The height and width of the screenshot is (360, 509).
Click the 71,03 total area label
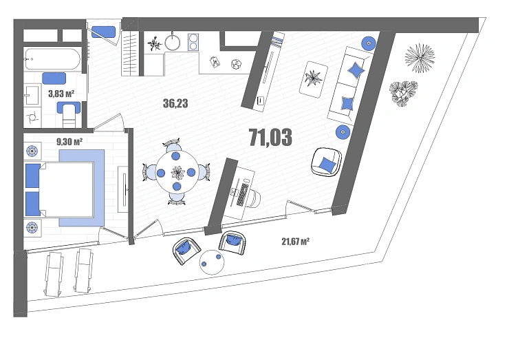click(270, 138)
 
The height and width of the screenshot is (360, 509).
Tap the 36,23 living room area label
click(175, 103)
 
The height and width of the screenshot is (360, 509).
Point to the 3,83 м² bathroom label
click(61, 94)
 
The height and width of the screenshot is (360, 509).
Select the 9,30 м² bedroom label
click(69, 142)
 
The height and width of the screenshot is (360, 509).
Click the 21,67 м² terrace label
click(295, 242)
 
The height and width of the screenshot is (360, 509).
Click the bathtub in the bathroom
click(52, 59)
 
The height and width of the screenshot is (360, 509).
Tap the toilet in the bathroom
click(69, 114)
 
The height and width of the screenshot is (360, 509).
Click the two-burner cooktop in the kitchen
click(193, 42)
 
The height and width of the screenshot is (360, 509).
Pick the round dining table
click(176, 172)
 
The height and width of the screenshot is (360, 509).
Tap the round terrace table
click(212, 262)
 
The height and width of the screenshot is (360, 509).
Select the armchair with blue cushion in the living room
click(326, 162)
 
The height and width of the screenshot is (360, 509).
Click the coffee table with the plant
click(314, 79)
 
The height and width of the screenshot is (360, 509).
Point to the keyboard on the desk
click(242, 194)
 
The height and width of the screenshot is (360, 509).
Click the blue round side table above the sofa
click(369, 43)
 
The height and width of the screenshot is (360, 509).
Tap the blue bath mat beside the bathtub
click(54, 78)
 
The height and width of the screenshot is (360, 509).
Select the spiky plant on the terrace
click(420, 58)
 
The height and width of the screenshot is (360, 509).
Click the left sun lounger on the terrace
click(53, 274)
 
